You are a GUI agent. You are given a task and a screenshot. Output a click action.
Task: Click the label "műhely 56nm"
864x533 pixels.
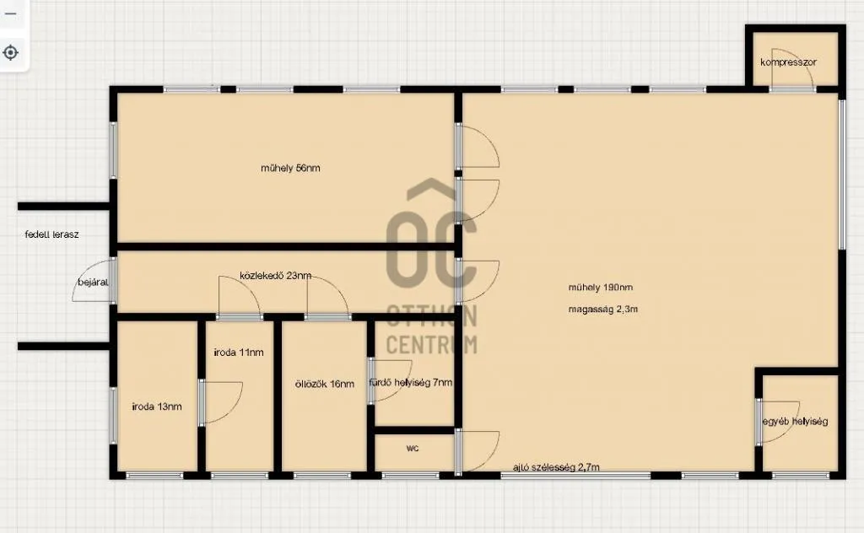[290, 169]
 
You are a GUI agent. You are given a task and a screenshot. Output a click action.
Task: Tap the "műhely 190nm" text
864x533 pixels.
[601, 288]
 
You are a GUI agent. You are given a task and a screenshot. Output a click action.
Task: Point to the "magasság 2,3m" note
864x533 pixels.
[602, 310]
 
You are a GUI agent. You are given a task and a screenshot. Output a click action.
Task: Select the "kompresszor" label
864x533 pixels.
[787, 62]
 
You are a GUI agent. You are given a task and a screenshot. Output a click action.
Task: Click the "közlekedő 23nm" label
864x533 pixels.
[275, 276]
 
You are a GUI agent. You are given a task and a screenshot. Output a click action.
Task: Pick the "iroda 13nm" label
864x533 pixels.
[157, 406]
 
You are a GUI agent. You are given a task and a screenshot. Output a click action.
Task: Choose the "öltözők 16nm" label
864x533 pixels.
[325, 384]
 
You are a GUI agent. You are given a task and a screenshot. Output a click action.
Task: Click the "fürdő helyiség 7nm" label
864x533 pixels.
[411, 383]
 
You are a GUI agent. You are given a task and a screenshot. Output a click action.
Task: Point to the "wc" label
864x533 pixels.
[413, 449]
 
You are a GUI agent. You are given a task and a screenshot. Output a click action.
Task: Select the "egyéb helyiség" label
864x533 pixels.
[795, 421]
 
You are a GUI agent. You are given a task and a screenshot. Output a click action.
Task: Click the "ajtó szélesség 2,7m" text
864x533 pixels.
[556, 467]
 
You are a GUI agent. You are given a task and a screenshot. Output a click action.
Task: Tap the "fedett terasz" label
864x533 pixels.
[51, 234]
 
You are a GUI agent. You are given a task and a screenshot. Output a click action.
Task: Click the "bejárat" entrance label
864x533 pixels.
[93, 282]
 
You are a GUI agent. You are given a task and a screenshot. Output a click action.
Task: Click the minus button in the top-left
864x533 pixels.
[11, 14]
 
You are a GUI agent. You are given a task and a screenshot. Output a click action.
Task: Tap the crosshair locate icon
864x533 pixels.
[11, 52]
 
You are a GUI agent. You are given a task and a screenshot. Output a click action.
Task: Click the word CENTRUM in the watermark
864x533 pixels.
[431, 344]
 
